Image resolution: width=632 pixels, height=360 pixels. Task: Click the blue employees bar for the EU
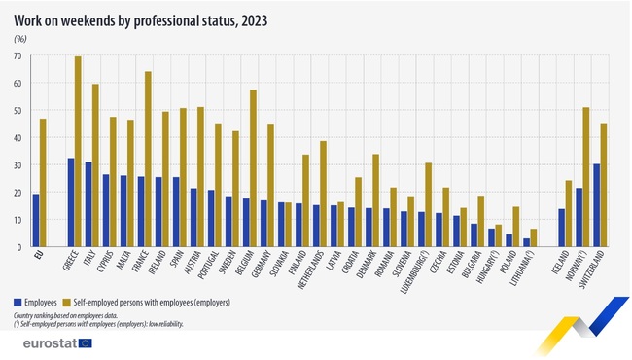(35, 221)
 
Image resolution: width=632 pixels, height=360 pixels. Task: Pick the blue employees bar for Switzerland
(595, 205)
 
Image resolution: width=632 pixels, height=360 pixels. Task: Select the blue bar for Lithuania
(526, 242)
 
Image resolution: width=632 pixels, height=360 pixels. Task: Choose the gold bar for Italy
(95, 165)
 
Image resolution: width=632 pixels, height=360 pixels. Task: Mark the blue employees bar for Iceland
(561, 228)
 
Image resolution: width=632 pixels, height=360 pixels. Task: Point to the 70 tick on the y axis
(18, 56)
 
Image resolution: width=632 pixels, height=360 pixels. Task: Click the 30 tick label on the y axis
(18, 165)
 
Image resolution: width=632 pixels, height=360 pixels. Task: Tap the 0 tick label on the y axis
(19, 247)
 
